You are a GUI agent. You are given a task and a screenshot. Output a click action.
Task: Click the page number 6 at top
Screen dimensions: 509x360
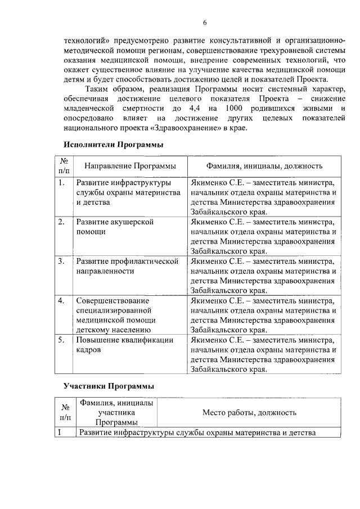[205, 22]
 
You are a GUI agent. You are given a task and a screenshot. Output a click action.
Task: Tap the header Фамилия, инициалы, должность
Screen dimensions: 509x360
[264, 166]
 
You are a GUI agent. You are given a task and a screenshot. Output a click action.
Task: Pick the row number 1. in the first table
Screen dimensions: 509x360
[61, 183]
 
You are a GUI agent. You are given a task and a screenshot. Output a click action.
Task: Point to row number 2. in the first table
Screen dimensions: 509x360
[61, 222]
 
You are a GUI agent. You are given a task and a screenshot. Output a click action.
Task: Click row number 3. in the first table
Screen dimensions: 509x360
[61, 262]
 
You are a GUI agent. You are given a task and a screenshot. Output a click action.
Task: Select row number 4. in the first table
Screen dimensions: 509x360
[61, 301]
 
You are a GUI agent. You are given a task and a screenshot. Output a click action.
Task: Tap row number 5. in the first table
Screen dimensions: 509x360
[61, 340]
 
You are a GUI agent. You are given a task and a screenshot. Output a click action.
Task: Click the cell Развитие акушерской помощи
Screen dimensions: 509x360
[115, 227]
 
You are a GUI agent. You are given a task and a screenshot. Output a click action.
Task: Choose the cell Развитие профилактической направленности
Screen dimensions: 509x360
[127, 266]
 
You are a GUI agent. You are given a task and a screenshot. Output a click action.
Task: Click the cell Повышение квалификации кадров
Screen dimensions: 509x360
[125, 345]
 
